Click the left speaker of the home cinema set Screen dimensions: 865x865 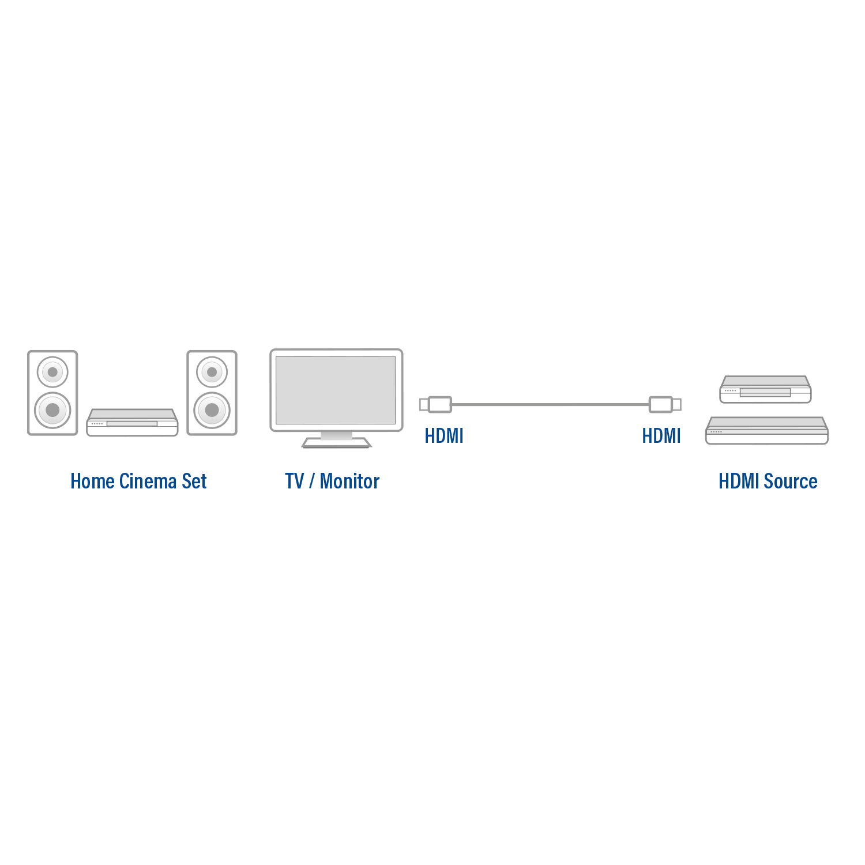(52, 393)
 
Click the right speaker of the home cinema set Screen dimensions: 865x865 (212, 393)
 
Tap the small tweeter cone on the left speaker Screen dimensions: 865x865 (52, 372)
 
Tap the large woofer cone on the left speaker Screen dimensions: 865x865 (52, 410)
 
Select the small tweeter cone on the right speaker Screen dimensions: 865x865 (212, 372)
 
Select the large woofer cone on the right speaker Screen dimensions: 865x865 (212, 410)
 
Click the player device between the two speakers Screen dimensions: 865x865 (132, 423)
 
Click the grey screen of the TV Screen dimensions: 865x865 (336, 390)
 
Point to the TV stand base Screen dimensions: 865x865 (336, 443)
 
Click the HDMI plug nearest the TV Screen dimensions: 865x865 (437, 404)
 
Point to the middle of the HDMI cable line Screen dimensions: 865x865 (550, 404)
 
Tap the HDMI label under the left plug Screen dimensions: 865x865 (443, 436)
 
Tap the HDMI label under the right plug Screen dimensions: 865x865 (661, 436)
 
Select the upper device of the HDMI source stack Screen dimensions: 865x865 (765, 390)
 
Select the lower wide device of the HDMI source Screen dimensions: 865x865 (766, 431)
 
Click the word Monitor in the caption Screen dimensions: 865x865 (349, 481)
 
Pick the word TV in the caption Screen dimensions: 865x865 (294, 481)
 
